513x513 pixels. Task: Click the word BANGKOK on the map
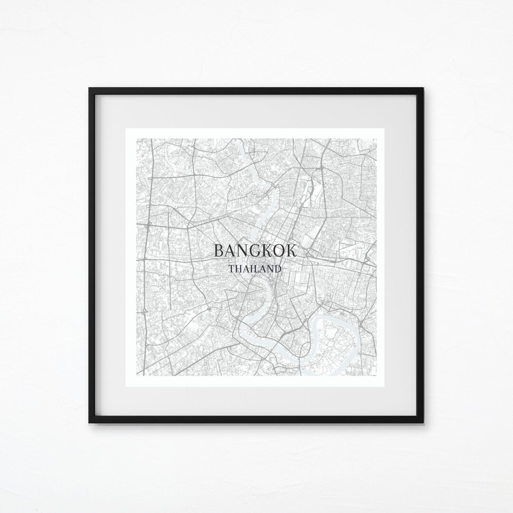[255, 251]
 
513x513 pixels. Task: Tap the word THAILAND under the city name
[255, 269]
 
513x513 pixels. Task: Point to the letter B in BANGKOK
[219, 251]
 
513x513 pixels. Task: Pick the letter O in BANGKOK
[278, 251]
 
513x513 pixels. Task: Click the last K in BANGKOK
[291, 251]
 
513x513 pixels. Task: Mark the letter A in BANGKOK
[230, 251]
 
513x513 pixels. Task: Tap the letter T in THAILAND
[231, 269]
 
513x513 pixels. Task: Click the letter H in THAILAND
[238, 269]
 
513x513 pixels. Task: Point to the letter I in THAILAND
[250, 269]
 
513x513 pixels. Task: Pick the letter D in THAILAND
[277, 269]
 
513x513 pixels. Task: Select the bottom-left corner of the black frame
[90, 422]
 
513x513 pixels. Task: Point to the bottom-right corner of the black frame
[423, 422]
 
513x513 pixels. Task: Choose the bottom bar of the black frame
[256, 420]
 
